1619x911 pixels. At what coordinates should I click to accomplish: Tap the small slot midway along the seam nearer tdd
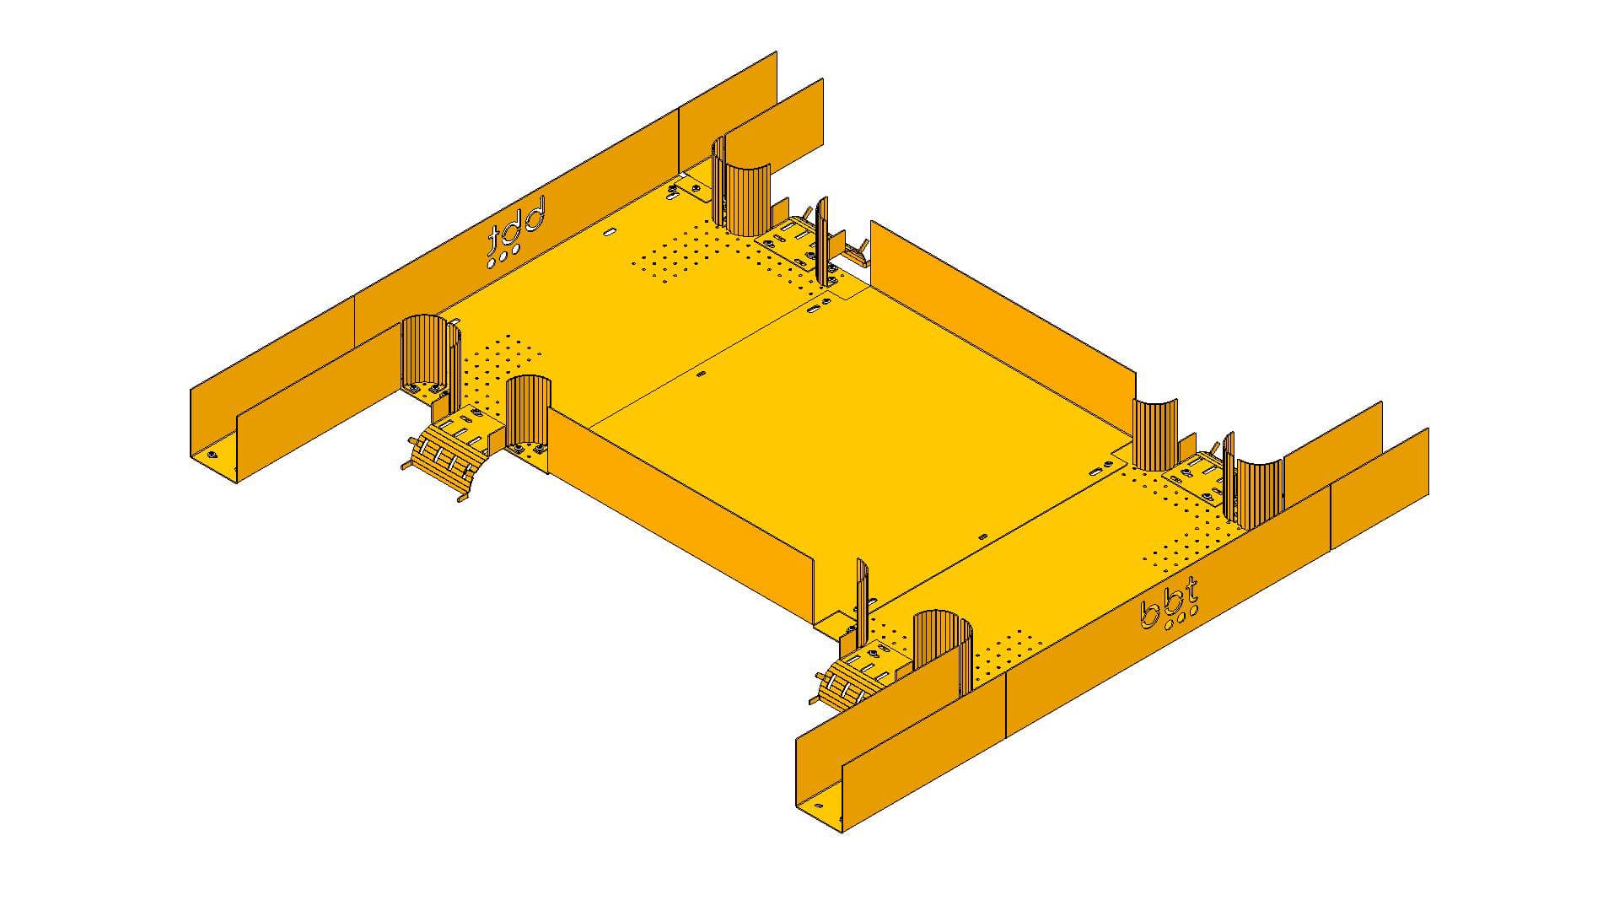coord(702,373)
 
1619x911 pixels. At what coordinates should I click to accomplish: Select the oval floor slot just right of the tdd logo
coord(610,229)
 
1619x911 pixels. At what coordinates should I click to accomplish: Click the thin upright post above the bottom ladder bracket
coord(862,595)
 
